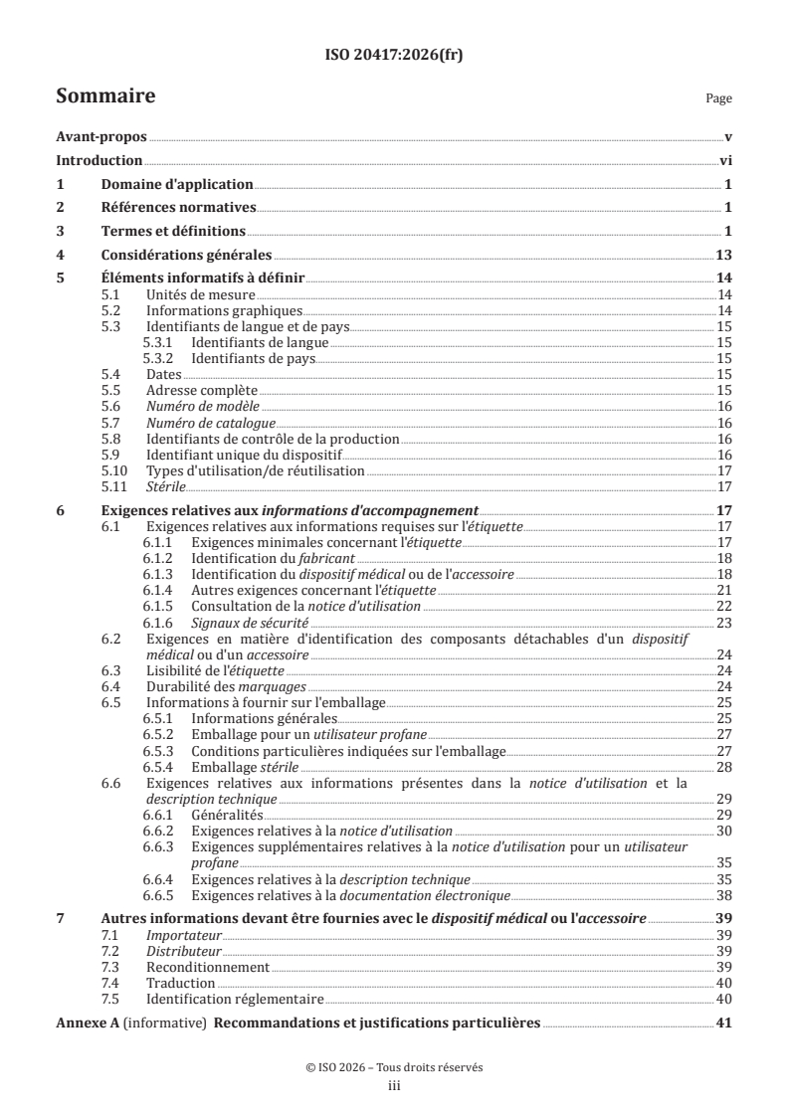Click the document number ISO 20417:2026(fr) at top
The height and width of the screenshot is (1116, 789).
394,56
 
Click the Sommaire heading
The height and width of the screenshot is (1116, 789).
104,96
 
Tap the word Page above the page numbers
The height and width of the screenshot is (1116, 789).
718,98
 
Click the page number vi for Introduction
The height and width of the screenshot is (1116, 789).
725,161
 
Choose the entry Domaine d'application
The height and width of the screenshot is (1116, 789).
177,185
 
